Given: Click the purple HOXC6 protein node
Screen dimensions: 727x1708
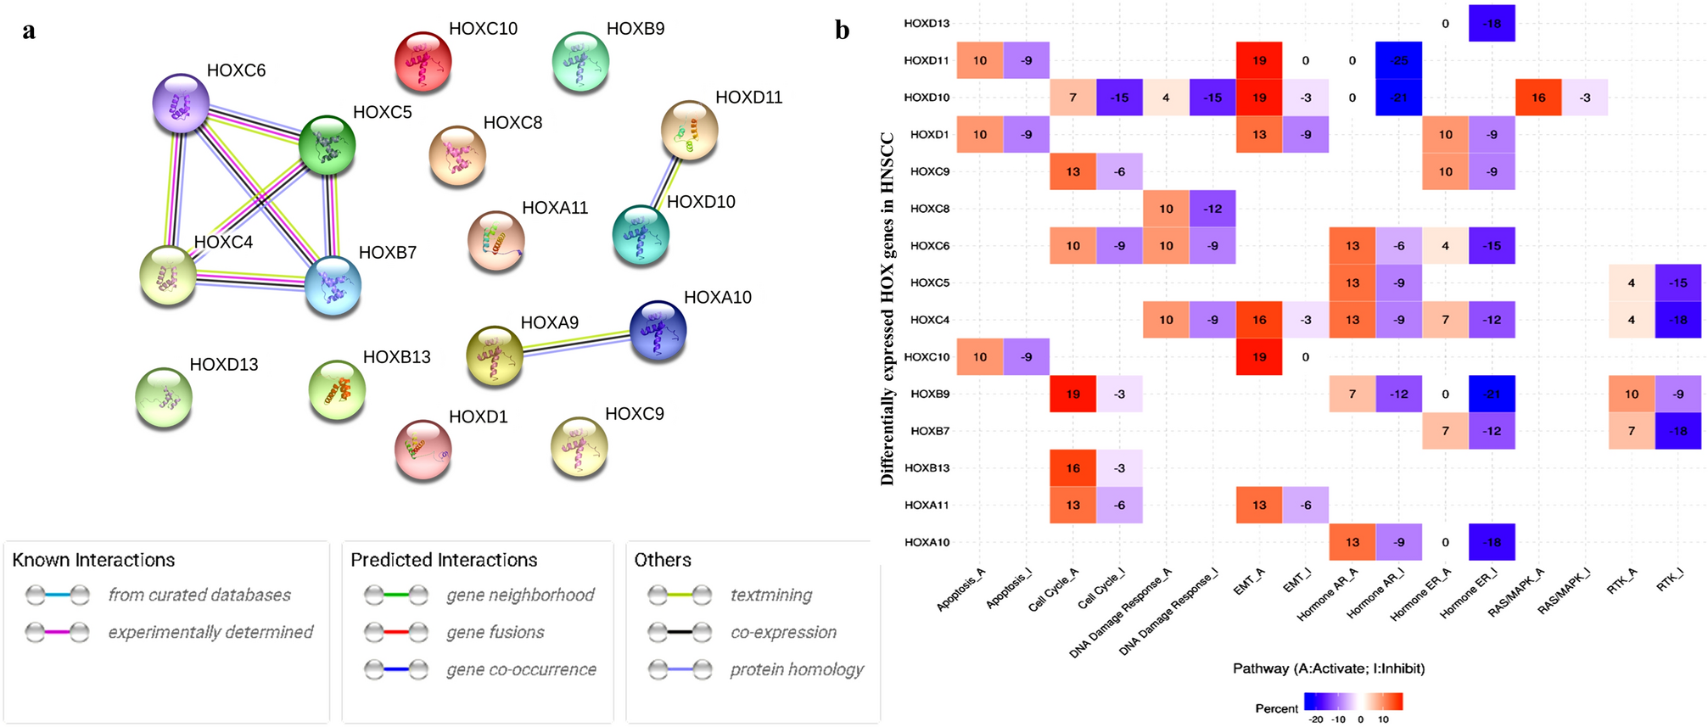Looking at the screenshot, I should click(181, 103).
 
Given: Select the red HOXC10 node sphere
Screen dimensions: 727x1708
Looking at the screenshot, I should click(423, 61).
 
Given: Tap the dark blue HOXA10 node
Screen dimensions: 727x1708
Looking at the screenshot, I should click(658, 330).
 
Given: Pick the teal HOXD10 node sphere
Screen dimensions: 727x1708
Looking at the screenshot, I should click(641, 233).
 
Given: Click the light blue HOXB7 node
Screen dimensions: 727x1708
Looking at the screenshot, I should click(333, 285).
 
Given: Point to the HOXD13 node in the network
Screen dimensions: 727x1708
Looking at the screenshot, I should click(164, 396).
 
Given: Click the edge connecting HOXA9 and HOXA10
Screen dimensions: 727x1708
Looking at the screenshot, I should click(576, 342).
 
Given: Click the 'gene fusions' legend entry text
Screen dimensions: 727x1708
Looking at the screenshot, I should click(496, 632).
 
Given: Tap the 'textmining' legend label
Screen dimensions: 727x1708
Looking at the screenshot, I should click(771, 596).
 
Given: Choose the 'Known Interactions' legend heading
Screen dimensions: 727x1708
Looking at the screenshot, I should click(93, 560).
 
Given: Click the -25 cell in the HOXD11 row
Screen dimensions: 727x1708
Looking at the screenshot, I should click(1398, 60).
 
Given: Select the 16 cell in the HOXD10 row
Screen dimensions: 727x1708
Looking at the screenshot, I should click(1538, 98).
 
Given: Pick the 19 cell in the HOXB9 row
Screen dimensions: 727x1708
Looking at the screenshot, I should click(1072, 394).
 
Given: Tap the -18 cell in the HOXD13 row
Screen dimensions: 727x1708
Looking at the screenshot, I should click(1492, 24).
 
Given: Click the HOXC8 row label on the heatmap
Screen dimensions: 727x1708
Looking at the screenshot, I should click(929, 209).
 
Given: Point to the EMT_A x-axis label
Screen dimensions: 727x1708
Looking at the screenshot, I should click(1247, 583).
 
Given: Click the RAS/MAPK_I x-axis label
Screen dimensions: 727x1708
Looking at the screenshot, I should click(1563, 591).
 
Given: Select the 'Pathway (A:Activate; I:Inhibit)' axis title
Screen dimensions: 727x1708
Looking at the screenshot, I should click(1329, 668).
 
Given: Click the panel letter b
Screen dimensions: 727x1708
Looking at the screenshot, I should click(842, 31).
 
